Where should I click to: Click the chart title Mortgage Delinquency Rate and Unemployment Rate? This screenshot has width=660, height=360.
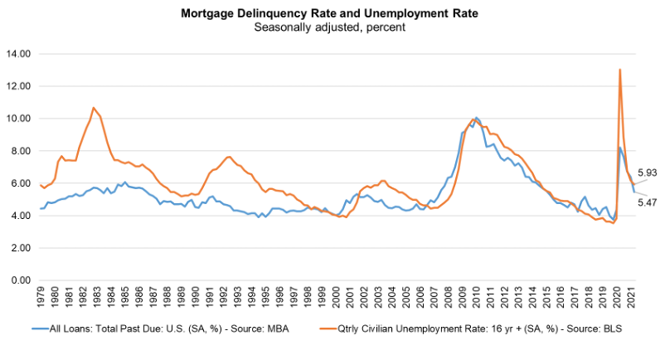(330, 13)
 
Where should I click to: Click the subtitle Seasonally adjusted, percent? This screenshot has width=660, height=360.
(330, 27)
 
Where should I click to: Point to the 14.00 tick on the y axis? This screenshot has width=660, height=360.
(18, 54)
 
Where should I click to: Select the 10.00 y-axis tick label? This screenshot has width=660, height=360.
(18, 119)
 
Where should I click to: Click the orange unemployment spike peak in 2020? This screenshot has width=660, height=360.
(619, 70)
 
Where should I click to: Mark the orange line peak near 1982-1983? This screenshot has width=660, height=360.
(94, 108)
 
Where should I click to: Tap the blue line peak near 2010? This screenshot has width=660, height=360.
(476, 118)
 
